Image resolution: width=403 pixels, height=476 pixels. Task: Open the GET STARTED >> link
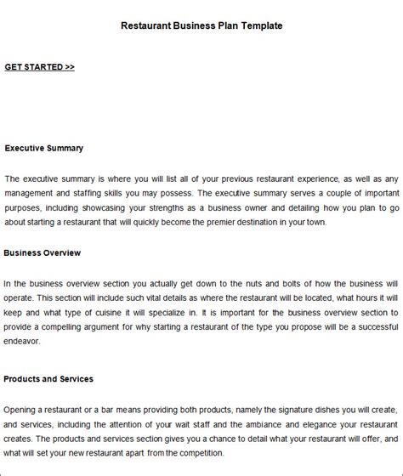tap(39, 67)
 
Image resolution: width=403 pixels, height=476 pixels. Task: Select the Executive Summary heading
tap(44, 148)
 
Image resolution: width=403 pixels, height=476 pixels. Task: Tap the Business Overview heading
tap(43, 252)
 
